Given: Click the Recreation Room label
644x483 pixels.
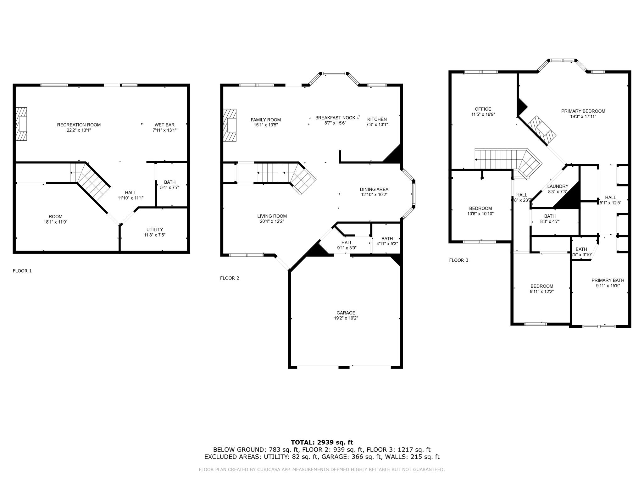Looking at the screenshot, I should point(79,125).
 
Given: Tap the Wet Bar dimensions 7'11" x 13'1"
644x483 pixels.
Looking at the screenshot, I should point(164,130).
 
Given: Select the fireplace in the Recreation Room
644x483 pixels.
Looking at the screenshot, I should point(21,124).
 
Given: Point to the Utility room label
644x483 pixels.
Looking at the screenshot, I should point(154,230).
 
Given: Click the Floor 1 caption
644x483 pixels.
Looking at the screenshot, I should point(22,271).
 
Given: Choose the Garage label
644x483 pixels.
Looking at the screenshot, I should point(346,313).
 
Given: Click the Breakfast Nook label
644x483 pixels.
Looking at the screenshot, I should point(335,118).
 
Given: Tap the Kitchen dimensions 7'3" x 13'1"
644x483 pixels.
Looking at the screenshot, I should point(377,125).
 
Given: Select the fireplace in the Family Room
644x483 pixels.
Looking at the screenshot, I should point(230,125).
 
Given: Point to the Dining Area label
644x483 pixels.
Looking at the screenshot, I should point(374,189).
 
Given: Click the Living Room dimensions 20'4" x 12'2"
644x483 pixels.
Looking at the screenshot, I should point(272,221).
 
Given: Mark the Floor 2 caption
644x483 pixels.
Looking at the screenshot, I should point(230,278).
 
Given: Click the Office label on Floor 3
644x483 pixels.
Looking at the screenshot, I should point(483,109).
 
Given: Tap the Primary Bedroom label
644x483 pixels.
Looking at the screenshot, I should point(583,111).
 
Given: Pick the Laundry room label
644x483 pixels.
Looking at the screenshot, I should point(558,186).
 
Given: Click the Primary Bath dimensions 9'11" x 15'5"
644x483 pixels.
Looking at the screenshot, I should point(608,286).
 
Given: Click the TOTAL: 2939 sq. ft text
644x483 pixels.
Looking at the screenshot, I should point(322,442).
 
